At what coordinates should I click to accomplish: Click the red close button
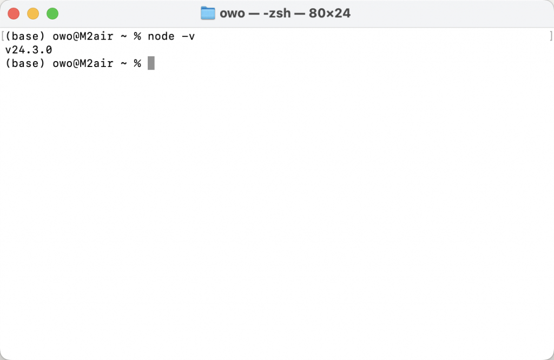coord(14,14)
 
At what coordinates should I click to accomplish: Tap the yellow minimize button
coord(33,14)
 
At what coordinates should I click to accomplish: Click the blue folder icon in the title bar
coord(208,14)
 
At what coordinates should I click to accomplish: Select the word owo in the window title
coord(232,14)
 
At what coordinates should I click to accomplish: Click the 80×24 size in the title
coord(329,14)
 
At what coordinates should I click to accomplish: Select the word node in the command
coord(161,36)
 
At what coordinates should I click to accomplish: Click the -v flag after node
coord(188,36)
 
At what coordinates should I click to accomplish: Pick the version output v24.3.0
coord(29,50)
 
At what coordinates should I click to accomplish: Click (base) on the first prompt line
coord(25,36)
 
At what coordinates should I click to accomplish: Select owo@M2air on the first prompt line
coord(83,36)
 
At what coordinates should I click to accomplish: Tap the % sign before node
coord(137,36)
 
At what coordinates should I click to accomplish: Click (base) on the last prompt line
coord(25,63)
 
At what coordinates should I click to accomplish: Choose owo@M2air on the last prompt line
coord(83,63)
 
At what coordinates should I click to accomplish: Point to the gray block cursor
coord(151,63)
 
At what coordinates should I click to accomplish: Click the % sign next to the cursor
coord(137,63)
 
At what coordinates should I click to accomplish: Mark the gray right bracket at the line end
coord(550,36)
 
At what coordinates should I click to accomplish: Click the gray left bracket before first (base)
coord(3,36)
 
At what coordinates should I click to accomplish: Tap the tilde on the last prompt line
coord(124,63)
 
